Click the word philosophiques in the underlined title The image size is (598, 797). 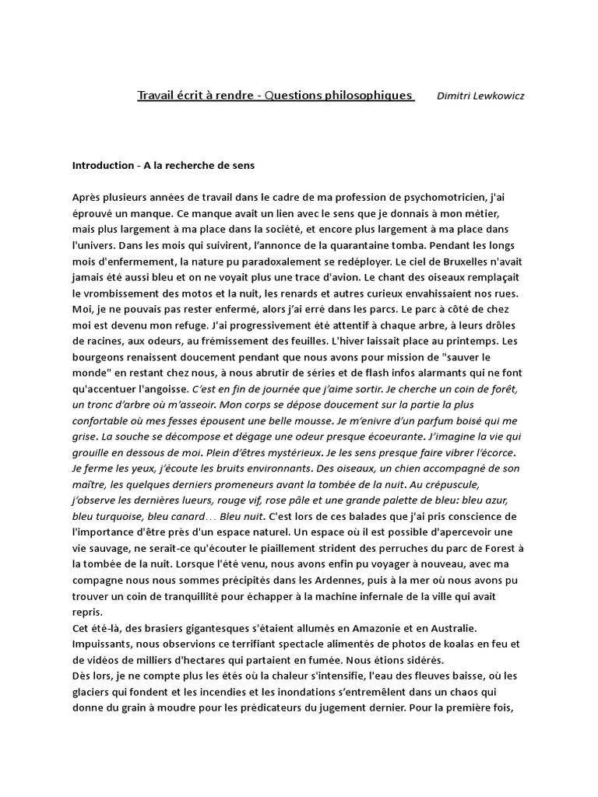(x=365, y=96)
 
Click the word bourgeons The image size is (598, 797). (x=98, y=360)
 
